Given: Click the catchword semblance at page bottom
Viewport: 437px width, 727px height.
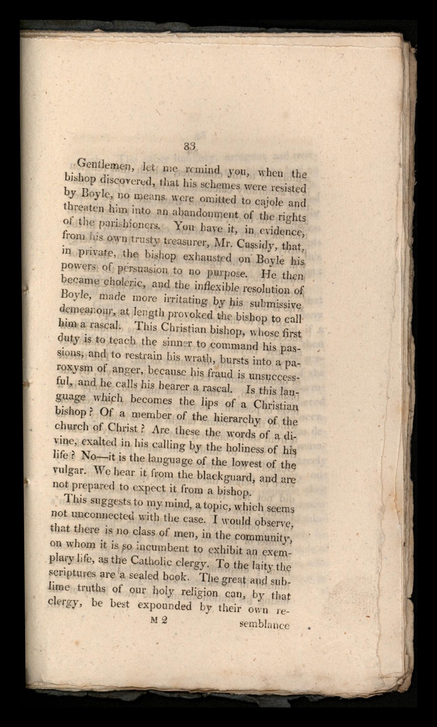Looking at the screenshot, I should point(264,625).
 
